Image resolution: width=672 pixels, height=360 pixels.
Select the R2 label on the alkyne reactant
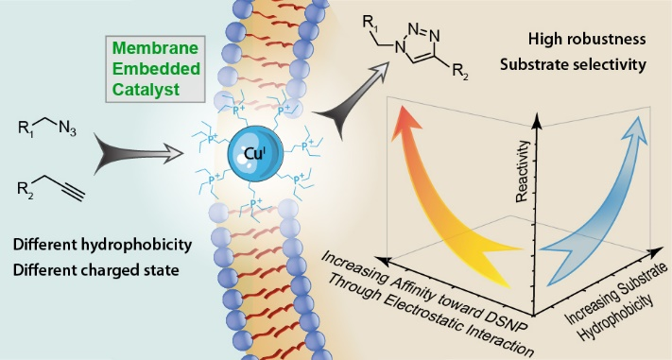pyautogui.click(x=25, y=188)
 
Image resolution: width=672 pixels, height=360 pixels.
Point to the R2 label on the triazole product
pyautogui.click(x=460, y=72)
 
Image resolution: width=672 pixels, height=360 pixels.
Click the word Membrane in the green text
pyautogui.click(x=155, y=48)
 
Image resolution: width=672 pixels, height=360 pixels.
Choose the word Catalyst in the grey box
pyautogui.click(x=146, y=90)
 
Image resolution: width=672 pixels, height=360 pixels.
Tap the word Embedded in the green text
pyautogui.click(x=157, y=69)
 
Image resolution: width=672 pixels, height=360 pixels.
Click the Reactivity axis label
pyautogui.click(x=523, y=171)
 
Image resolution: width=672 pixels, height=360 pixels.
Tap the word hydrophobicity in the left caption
pyautogui.click(x=136, y=245)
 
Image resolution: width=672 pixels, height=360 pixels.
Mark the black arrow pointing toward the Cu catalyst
pyautogui.click(x=138, y=154)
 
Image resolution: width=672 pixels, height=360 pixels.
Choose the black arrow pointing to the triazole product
pyautogui.click(x=352, y=100)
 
